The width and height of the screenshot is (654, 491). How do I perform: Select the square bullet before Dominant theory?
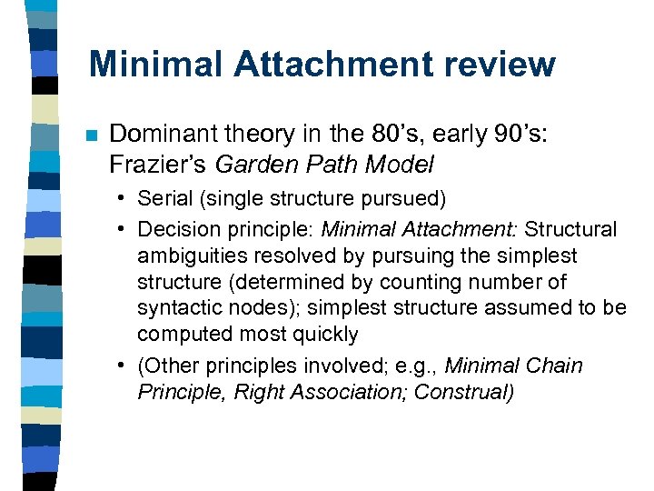tap(90, 136)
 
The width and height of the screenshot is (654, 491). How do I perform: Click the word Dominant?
tap(160, 135)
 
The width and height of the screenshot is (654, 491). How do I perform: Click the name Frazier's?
tap(152, 165)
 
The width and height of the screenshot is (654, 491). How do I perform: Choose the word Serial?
tap(163, 197)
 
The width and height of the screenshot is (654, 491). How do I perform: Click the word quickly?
tap(325, 334)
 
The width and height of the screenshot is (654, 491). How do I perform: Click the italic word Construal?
tap(464, 392)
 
